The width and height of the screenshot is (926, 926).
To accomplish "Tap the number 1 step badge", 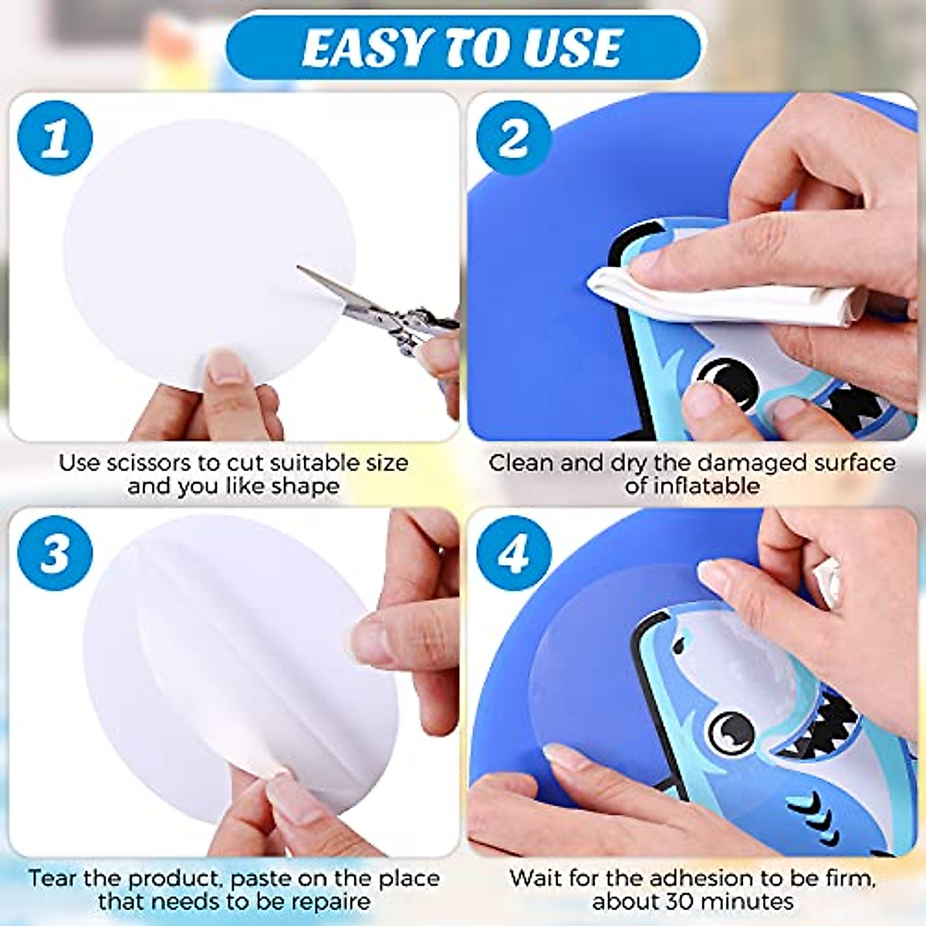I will click(x=55, y=139).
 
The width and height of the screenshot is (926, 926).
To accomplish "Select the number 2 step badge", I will click(x=513, y=139).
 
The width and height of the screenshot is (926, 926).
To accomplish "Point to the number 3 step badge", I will click(x=55, y=553).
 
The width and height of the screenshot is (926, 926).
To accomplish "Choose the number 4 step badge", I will click(x=513, y=553).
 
